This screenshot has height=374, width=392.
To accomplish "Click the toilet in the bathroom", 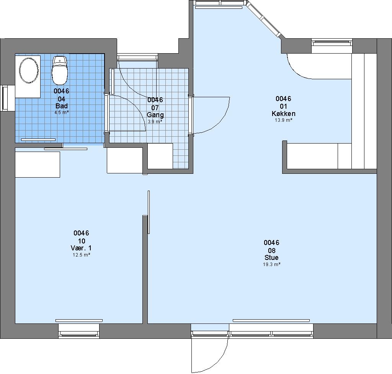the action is click(60, 70).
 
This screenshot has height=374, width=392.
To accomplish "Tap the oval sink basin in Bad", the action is click(29, 70).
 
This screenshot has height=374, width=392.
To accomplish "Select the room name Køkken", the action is click(284, 114).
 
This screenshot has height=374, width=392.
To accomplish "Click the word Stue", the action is click(271, 258).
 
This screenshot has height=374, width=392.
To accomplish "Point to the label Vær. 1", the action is click(81, 248).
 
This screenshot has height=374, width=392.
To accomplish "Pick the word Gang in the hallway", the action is click(155, 115).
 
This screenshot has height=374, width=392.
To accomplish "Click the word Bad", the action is click(62, 106).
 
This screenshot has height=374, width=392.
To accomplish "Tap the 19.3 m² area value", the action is click(271, 264).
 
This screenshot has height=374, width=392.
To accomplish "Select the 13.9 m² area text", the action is click(284, 120).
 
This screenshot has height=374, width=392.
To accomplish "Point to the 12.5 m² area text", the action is click(81, 255).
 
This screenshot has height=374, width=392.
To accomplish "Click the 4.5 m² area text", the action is click(62, 113).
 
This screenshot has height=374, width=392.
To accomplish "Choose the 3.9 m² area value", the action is click(155, 122).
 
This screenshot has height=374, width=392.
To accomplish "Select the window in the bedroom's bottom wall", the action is click(79, 332).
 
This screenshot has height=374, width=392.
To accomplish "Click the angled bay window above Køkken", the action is click(266, 20).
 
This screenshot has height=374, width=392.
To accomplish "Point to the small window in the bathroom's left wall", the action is click(5, 98).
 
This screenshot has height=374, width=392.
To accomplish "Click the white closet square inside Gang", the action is click(160, 156).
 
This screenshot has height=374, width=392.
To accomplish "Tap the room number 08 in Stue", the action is click(271, 250).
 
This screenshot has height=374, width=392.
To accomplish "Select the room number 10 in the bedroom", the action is click(82, 241).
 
